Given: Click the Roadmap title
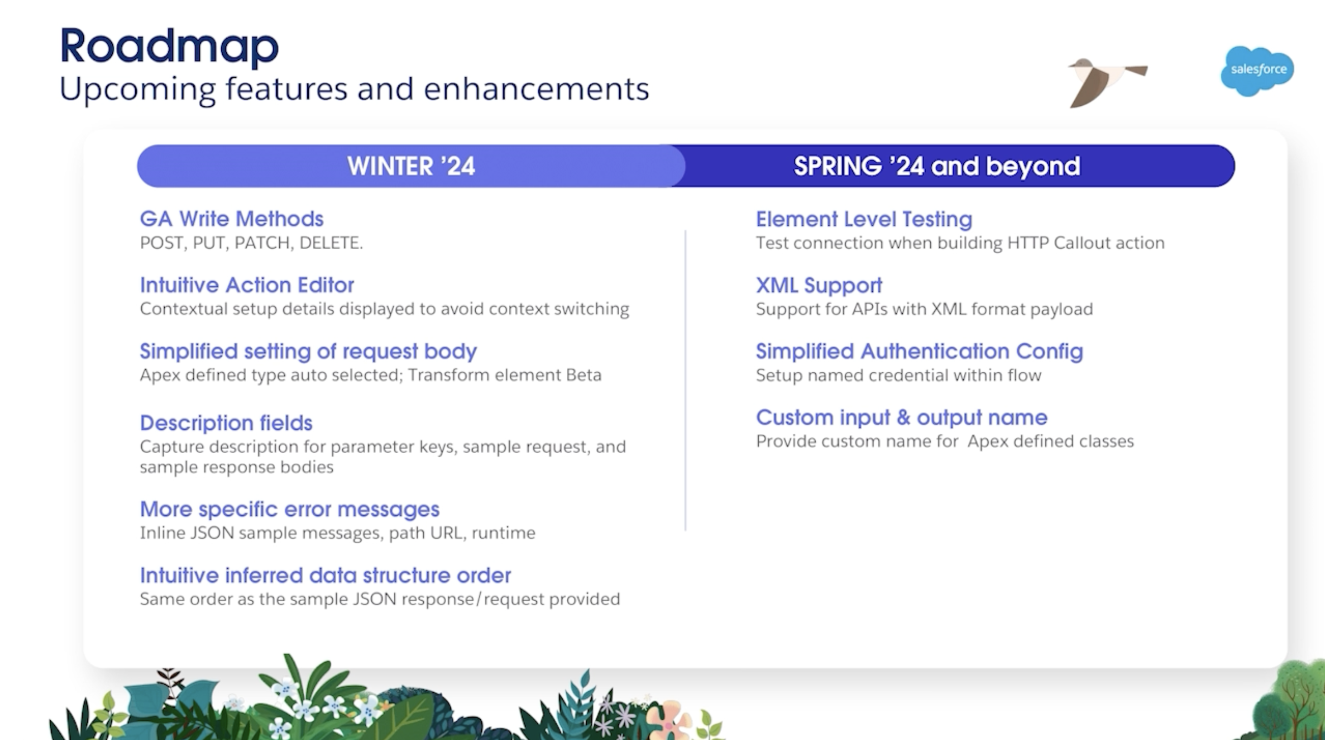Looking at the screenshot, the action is pyautogui.click(x=169, y=46).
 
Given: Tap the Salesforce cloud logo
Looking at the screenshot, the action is pyautogui.click(x=1257, y=71).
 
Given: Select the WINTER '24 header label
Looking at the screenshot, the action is pyautogui.click(x=411, y=166).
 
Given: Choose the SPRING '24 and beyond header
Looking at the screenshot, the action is pyautogui.click(x=937, y=166).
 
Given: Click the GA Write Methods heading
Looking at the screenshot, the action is pyautogui.click(x=231, y=219).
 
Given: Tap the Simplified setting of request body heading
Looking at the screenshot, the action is pyautogui.click(x=308, y=352).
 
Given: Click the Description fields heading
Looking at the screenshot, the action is pyautogui.click(x=226, y=423).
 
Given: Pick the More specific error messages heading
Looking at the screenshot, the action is pyautogui.click(x=289, y=509).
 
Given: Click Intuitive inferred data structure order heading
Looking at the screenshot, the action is pyautogui.click(x=326, y=575).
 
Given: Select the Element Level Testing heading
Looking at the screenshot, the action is pyautogui.click(x=864, y=219).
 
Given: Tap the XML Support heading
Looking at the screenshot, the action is pyautogui.click(x=819, y=286).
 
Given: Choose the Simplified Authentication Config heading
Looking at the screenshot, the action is pyautogui.click(x=919, y=352).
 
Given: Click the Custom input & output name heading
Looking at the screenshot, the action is pyautogui.click(x=901, y=417).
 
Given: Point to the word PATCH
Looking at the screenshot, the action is pyautogui.click(x=262, y=243).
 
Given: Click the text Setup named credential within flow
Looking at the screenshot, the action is pyautogui.click(x=898, y=375).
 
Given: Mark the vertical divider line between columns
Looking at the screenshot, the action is pyautogui.click(x=685, y=380).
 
